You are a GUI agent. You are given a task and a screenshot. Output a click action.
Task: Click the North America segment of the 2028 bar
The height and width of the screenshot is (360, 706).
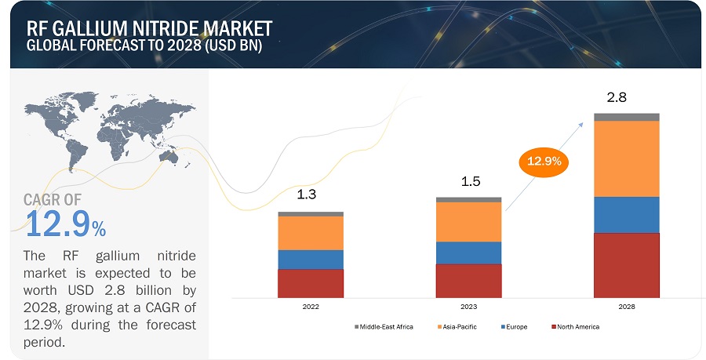pyautogui.click(x=626, y=265)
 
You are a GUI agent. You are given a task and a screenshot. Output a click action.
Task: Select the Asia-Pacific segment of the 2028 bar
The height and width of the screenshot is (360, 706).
pyautogui.click(x=626, y=158)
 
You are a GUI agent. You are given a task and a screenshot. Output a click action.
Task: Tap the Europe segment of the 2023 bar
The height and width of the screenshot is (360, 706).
pyautogui.click(x=468, y=253)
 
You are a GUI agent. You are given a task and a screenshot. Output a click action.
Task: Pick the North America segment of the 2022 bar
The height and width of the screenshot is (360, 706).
pyautogui.click(x=311, y=283)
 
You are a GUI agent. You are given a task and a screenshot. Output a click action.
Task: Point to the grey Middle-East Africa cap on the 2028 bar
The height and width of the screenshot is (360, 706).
pyautogui.click(x=626, y=117)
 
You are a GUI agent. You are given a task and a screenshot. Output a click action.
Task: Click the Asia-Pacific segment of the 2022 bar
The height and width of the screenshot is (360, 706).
pyautogui.click(x=311, y=233)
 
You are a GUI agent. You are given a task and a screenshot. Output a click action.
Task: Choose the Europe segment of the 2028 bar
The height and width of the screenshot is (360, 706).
pyautogui.click(x=626, y=214)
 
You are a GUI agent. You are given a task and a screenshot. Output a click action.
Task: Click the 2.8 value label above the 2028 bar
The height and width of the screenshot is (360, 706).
pyautogui.click(x=617, y=98)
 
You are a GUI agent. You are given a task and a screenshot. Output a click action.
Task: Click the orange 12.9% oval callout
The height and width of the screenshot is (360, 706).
pyautogui.click(x=544, y=162)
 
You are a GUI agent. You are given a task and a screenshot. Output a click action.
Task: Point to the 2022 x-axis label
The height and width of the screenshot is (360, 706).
pyautogui.click(x=311, y=308)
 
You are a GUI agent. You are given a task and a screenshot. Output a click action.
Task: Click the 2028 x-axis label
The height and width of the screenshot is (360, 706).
pyautogui.click(x=626, y=308)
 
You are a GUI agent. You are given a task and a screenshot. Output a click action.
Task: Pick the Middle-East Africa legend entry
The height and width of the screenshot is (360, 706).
pyautogui.click(x=384, y=326)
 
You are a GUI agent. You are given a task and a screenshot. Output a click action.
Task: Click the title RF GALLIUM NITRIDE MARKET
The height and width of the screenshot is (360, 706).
pyautogui.click(x=149, y=28)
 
